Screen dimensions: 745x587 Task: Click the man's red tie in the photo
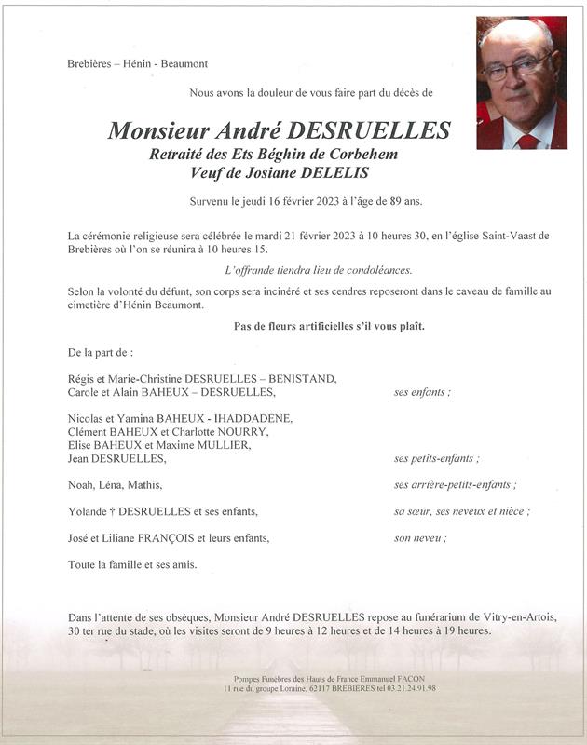pos(528,141)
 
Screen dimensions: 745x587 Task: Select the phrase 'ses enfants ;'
pos(422,392)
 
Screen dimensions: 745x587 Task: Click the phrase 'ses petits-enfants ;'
pos(436,458)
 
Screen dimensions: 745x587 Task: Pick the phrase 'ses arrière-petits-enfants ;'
pos(455,484)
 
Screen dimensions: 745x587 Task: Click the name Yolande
pos(89,511)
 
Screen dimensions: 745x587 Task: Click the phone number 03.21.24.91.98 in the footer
pos(404,688)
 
